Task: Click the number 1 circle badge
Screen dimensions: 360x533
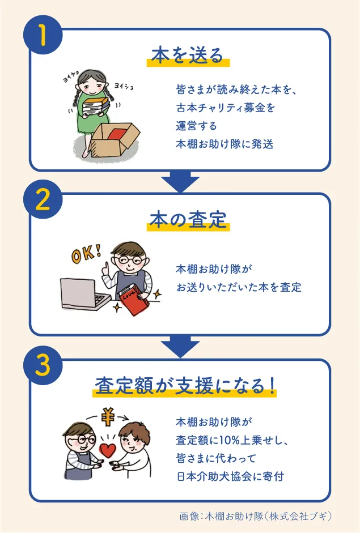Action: point(43,35)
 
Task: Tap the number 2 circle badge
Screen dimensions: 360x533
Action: point(43,199)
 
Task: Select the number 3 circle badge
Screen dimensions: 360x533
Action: point(43,365)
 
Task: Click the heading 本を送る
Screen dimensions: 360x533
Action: point(188,56)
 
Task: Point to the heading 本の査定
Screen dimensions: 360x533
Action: point(188,220)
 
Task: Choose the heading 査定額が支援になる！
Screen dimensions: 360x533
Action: point(185,386)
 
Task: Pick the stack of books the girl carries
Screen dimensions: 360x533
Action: point(96,106)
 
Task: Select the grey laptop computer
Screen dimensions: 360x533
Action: point(84,294)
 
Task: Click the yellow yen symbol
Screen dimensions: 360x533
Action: point(108,417)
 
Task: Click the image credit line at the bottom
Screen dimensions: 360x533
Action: point(256,516)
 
